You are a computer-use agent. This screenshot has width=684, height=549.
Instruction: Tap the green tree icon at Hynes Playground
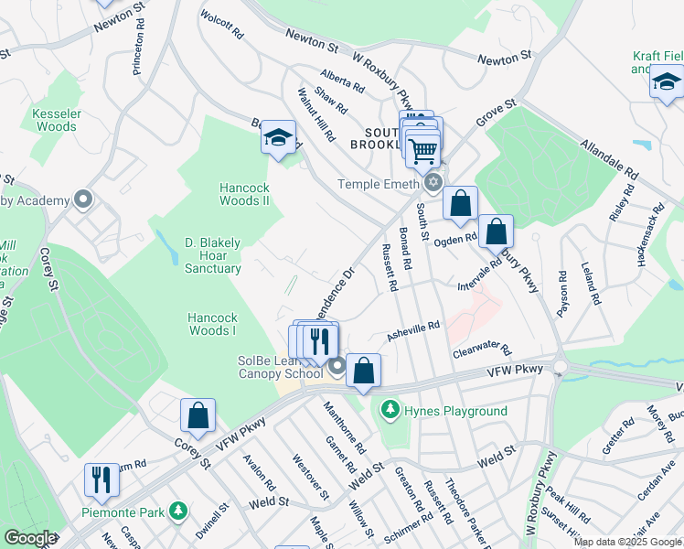[x=390, y=408]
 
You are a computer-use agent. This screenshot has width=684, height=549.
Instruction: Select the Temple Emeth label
[x=378, y=183]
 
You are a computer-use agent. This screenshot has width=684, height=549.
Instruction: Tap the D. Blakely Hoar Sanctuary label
[x=213, y=255]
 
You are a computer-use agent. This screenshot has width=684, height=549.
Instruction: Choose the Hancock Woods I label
[x=212, y=324]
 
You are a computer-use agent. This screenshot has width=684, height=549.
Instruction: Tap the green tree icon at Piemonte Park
[x=181, y=510]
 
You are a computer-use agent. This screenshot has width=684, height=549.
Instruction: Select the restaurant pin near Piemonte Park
[x=102, y=479]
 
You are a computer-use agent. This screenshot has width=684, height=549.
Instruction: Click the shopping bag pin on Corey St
[x=198, y=415]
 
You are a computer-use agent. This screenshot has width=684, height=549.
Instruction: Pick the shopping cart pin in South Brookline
[x=423, y=149]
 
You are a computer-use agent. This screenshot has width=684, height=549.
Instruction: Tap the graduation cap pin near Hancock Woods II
[x=279, y=138]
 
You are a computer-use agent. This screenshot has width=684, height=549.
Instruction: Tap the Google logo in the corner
[x=29, y=538]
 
